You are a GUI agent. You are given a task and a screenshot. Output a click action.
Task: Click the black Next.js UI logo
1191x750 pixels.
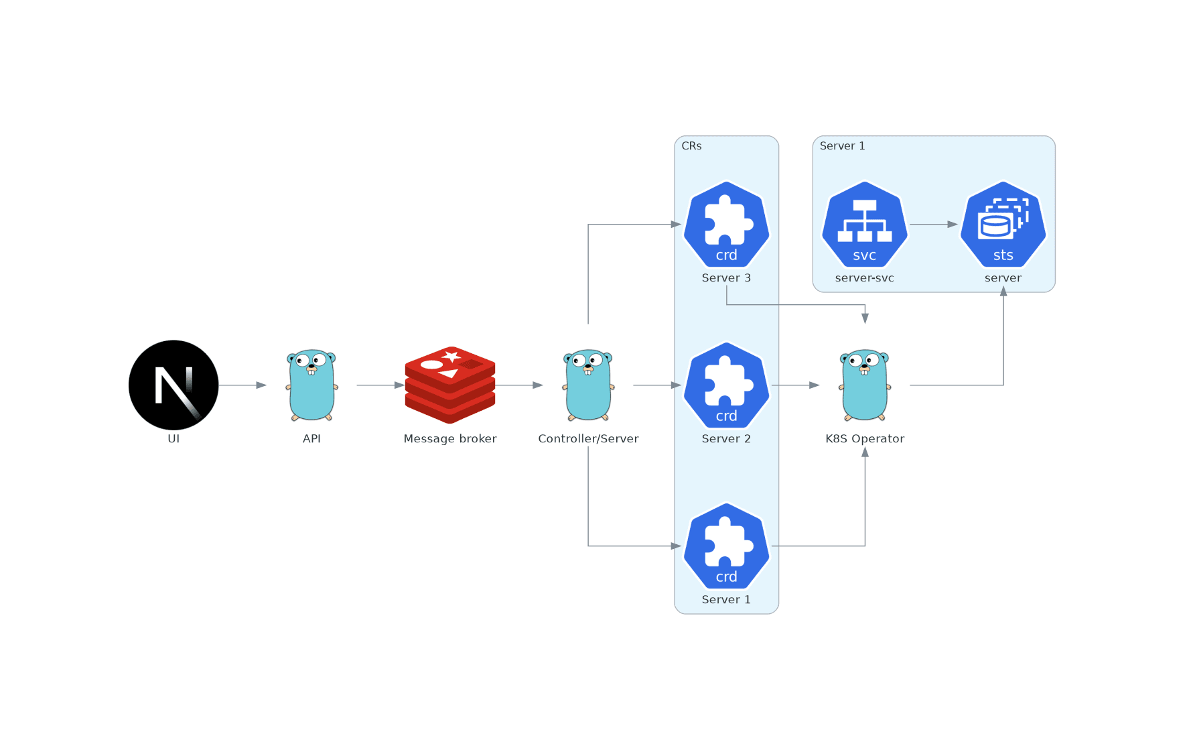[x=173, y=385]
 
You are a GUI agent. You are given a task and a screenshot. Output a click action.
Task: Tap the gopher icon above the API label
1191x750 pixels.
[x=311, y=385]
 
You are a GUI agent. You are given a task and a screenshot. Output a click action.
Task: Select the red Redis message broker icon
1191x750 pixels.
[x=450, y=385]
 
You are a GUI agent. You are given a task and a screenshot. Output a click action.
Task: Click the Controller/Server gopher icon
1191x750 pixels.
[x=588, y=385]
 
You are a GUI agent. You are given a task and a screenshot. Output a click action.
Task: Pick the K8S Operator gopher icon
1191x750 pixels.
[x=865, y=385]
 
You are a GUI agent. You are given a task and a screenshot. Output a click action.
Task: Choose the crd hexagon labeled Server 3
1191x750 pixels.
[x=726, y=224]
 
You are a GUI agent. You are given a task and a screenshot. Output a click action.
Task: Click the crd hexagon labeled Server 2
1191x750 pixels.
[x=726, y=385]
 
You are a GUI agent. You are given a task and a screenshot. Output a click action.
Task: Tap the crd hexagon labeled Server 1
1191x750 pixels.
[x=726, y=546]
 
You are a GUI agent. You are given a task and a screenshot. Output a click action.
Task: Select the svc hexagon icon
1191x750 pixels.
[x=865, y=224]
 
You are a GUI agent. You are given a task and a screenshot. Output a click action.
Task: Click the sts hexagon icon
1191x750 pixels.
[x=1003, y=224]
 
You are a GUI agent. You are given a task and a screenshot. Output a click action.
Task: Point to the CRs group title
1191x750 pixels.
[x=691, y=146]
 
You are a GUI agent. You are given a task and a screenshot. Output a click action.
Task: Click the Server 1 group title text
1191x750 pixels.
[x=842, y=146]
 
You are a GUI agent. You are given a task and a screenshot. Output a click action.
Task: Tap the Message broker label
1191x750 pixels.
[x=450, y=438]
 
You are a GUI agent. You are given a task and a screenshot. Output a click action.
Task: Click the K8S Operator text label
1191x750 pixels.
[x=865, y=438]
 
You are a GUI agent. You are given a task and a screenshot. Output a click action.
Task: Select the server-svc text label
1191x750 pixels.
[x=864, y=277]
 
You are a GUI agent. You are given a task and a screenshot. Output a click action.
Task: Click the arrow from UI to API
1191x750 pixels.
[x=242, y=385]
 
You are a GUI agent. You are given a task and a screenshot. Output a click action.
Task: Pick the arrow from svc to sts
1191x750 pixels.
[x=934, y=225]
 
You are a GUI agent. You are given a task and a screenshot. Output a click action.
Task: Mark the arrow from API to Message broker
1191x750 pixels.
[x=380, y=385]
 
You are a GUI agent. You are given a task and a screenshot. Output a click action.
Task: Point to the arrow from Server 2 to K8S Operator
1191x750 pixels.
[x=795, y=385]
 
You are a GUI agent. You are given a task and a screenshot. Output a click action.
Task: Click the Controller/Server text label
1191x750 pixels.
[x=588, y=438]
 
